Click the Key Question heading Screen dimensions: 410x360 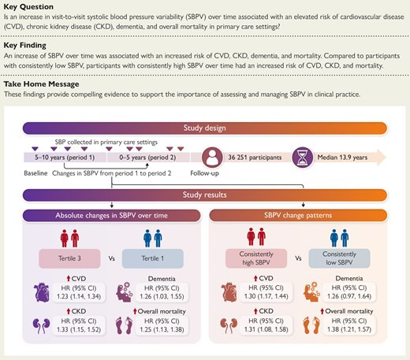click(28, 7)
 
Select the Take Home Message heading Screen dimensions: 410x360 click(41, 84)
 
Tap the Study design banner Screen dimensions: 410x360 click(205, 128)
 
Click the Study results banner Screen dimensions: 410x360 click(205, 195)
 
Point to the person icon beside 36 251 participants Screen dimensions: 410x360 click(212, 158)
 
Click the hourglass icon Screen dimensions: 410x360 click(303, 158)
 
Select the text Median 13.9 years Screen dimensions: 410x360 click(342, 158)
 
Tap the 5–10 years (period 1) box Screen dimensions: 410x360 click(65, 158)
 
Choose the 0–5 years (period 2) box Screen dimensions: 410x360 click(148, 158)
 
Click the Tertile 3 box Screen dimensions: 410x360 click(69, 258)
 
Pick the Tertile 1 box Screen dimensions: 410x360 click(153, 258)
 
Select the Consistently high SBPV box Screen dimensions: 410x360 click(256, 258)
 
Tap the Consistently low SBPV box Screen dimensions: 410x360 click(339, 258)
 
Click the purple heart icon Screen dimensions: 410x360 click(42, 292)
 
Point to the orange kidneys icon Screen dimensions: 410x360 click(229, 325)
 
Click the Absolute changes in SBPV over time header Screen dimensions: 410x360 click(111, 216)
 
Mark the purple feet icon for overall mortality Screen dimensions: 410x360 click(124, 325)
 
